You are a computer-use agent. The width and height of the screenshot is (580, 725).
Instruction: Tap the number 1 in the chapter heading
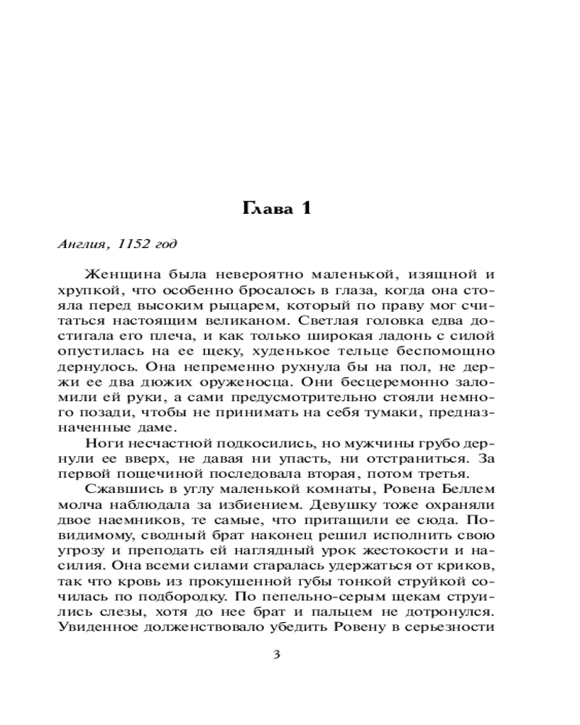(x=305, y=209)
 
